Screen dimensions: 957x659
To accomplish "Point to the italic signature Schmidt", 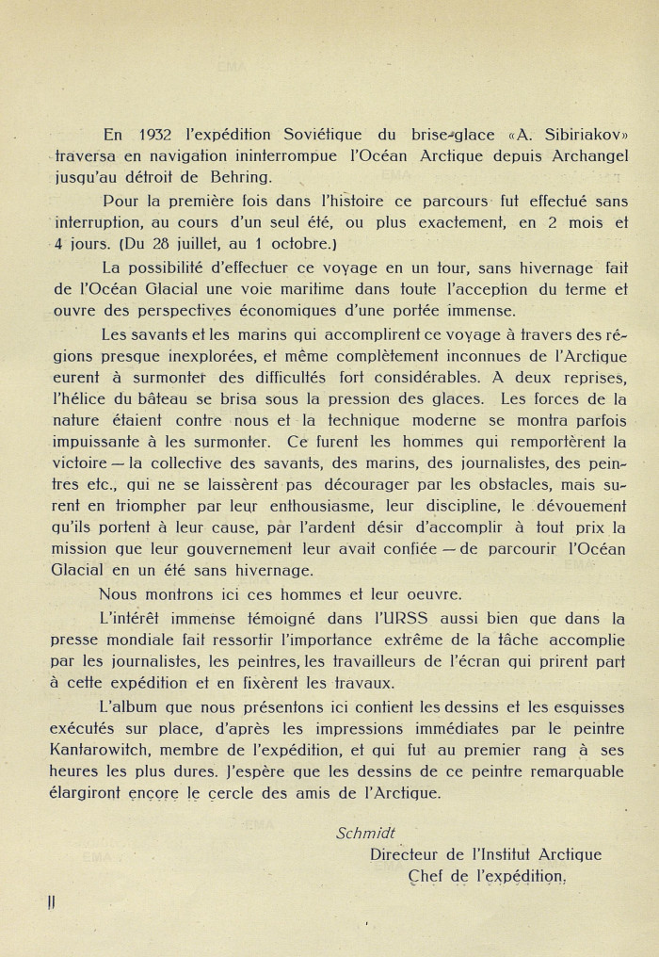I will click(365, 832).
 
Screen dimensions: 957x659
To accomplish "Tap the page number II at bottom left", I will click(51, 902).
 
